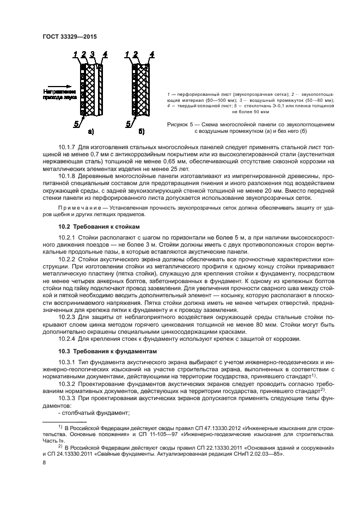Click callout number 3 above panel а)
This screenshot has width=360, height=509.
[x=93, y=54]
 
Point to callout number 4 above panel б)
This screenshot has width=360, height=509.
[x=151, y=54]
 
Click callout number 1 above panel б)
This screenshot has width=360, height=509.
[x=127, y=54]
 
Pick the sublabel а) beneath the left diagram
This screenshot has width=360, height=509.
[x=90, y=131]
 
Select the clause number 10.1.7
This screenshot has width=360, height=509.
[x=66, y=148]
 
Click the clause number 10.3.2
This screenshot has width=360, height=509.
[x=66, y=384]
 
